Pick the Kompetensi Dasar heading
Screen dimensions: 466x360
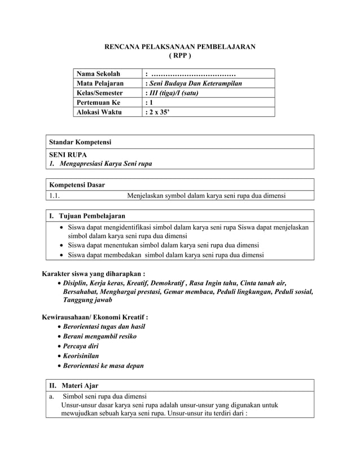[77, 184]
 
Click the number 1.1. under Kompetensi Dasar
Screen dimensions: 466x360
[55, 196]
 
